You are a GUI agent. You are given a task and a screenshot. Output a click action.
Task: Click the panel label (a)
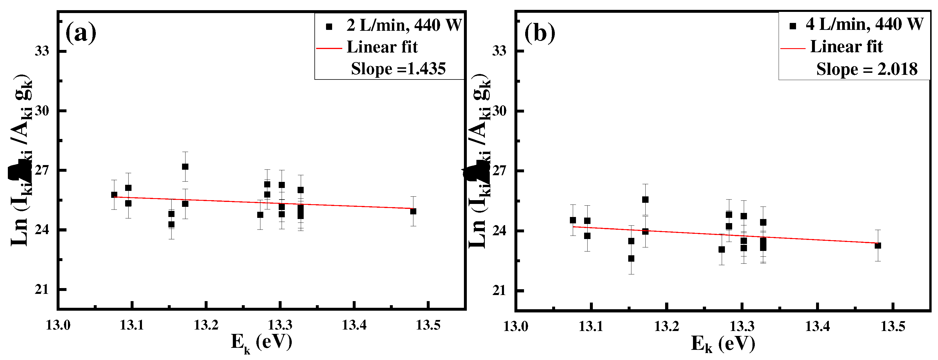[81, 33]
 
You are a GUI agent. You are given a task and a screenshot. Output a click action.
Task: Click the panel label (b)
[540, 33]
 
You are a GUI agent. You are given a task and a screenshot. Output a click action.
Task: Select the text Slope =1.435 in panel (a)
[398, 69]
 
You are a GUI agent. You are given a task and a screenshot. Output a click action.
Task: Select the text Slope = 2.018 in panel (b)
[867, 69]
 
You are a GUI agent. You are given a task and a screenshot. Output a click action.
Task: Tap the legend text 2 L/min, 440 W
[404, 25]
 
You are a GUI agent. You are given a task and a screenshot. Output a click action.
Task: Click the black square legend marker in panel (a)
[329, 26]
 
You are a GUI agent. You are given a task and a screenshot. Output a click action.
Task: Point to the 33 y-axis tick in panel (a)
[42, 51]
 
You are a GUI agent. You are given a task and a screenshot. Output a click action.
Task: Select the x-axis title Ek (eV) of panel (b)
[723, 343]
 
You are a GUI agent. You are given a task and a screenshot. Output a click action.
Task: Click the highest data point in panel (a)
[185, 167]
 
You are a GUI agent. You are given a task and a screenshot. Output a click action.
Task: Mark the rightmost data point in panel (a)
[413, 211]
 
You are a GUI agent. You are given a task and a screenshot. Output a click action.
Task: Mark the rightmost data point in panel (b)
[878, 246]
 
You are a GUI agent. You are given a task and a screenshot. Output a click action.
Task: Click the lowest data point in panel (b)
[631, 258]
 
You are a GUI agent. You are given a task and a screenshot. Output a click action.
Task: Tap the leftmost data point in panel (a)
[114, 195]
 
